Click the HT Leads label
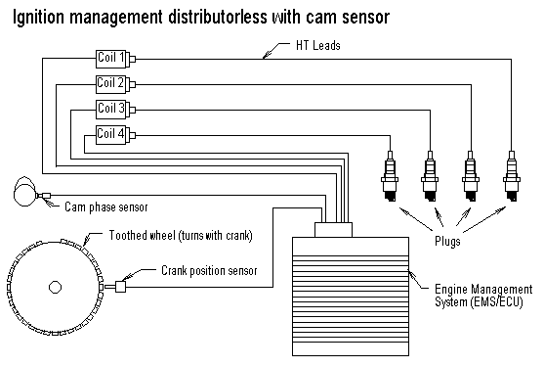pyautogui.click(x=317, y=46)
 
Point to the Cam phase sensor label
pyautogui.click(x=106, y=207)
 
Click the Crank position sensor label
pyautogui.click(x=209, y=271)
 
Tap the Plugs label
pyautogui.click(x=447, y=241)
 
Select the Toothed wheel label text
pyautogui.click(x=181, y=235)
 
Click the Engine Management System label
pyautogui.click(x=483, y=296)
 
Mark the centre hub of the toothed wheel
pyautogui.click(x=55, y=288)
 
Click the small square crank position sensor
pyautogui.click(x=120, y=287)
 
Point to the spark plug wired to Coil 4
pyautogui.click(x=390, y=176)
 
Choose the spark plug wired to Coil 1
pyautogui.click(x=512, y=176)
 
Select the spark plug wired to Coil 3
pyautogui.click(x=430, y=176)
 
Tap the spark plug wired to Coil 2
pyautogui.click(x=471, y=176)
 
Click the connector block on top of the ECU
pyautogui.click(x=333, y=230)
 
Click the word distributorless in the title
pyautogui.click(x=218, y=17)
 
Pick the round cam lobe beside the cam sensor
pyautogui.click(x=24, y=191)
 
